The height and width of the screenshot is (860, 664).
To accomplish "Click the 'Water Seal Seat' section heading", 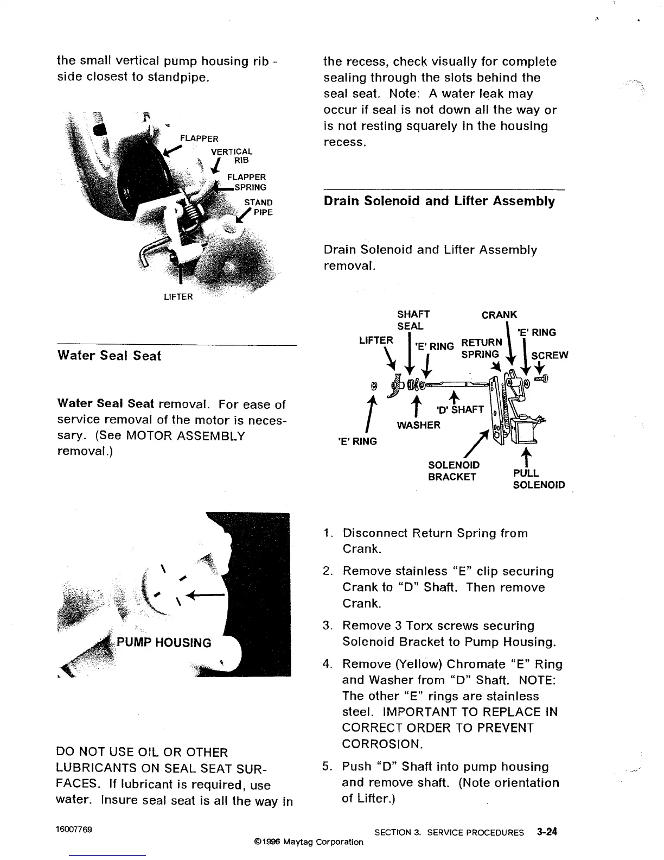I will (x=109, y=356).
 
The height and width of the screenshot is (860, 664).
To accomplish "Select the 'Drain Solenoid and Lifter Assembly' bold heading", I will (x=439, y=201).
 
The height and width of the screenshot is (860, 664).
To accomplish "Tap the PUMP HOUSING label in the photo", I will (x=164, y=643).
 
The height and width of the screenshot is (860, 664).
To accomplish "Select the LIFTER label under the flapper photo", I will (x=178, y=296).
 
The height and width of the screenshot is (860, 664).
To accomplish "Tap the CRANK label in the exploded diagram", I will (x=500, y=315).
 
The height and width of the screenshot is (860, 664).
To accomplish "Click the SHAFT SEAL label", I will (x=413, y=320).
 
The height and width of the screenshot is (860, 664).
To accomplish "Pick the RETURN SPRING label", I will (x=481, y=348).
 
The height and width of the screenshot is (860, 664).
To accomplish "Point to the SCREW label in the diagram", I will (x=550, y=356).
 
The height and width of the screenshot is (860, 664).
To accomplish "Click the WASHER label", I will (x=419, y=425).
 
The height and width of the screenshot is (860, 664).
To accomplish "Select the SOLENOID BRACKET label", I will (x=454, y=471).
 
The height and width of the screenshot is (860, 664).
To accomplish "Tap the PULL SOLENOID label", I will (x=538, y=479).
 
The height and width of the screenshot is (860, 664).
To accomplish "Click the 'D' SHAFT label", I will (x=460, y=409).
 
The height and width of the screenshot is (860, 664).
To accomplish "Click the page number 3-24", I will (x=547, y=832).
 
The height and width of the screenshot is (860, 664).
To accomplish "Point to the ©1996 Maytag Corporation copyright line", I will (x=308, y=842).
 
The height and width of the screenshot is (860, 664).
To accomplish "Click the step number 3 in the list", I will (x=327, y=626).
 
